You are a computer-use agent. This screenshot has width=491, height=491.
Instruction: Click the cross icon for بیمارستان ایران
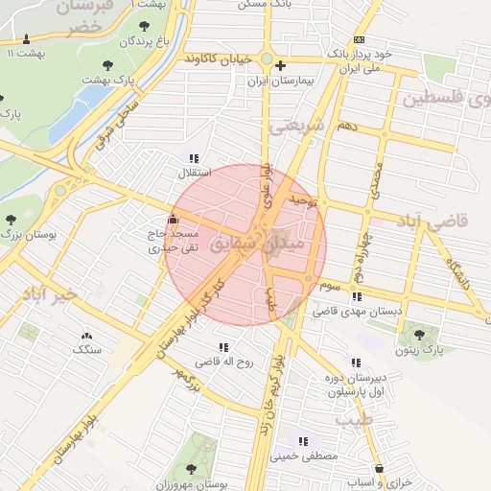point(280,66)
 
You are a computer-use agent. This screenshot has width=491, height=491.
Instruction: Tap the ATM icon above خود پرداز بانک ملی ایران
point(359,39)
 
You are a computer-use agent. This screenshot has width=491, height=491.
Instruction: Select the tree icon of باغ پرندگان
point(144,26)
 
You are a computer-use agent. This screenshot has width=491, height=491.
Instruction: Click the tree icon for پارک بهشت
point(106,66)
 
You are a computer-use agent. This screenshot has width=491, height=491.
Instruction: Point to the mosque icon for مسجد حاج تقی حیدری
point(173,218)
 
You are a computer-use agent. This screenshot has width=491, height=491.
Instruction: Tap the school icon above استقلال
point(195,158)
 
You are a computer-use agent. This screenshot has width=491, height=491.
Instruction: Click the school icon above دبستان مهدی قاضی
point(357,296)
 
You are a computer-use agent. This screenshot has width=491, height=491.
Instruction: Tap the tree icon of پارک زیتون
point(418,335)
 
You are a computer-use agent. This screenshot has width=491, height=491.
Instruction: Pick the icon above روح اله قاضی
point(223,347)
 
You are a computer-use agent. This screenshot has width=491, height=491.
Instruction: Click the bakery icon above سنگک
point(87,336)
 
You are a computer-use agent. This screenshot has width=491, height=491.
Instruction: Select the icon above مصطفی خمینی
point(304,441)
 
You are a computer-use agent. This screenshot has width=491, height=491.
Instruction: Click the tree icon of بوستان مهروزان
point(191,469)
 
